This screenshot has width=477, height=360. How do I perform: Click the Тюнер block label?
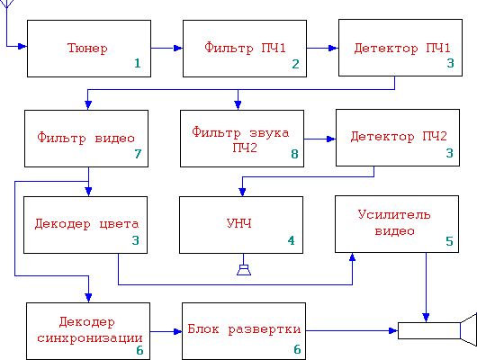point(87,49)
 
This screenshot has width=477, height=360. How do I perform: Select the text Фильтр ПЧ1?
point(245,48)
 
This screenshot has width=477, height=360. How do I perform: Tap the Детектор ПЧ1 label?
point(402,49)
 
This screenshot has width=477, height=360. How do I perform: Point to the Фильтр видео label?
point(85,138)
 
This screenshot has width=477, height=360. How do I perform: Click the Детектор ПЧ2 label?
point(399,136)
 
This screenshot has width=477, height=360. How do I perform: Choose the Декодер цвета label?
point(86,224)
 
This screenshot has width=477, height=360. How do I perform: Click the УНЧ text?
point(239,224)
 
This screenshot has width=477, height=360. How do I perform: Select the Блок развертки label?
point(244,329)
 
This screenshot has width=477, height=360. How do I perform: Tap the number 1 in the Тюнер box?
point(138,63)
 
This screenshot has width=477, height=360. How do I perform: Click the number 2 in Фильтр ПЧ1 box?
point(295,64)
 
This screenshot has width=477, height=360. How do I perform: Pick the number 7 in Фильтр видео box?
point(138,154)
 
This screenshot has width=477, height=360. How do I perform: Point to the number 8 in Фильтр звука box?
point(294,154)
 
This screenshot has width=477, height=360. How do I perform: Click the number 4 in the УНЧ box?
point(291,240)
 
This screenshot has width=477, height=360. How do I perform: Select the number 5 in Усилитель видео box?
point(450,241)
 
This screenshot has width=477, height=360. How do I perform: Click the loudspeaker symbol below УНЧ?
point(244,270)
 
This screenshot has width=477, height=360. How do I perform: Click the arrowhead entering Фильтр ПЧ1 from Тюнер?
point(178,48)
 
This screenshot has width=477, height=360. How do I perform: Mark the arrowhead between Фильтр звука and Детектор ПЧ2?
point(331,139)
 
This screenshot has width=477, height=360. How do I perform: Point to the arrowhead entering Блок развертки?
point(177,331)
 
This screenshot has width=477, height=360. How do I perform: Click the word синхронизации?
point(90,338)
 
